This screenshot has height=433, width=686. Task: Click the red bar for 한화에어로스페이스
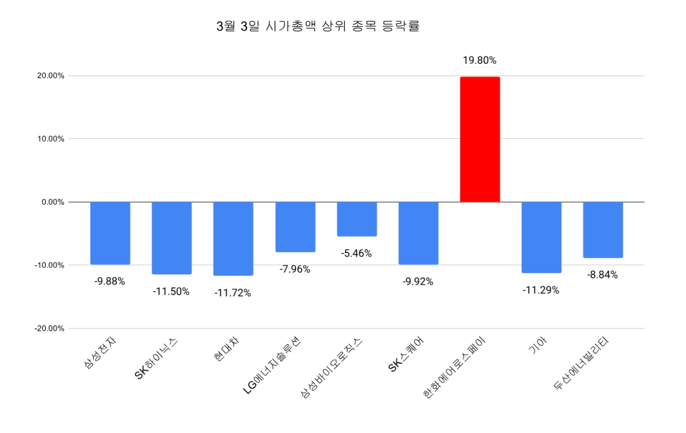tap(480, 139)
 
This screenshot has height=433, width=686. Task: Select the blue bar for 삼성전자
tap(110, 233)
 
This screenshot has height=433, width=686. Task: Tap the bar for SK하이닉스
tap(171, 238)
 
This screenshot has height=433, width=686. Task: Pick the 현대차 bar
tap(233, 238)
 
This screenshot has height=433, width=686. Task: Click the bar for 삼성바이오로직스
tap(356, 219)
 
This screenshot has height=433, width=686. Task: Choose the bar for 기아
tap(541, 237)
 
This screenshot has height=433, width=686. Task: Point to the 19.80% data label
tap(480, 61)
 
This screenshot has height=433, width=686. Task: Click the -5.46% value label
tap(356, 253)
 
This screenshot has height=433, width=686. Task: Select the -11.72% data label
tap(233, 293)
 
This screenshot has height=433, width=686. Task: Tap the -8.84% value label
tap(602, 275)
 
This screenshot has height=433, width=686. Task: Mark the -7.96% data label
tap(295, 269)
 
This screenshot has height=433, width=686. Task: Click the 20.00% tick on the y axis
tap(50, 76)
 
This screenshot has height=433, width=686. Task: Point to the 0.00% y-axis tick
tap(53, 202)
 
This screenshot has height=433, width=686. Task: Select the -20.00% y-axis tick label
tap(49, 329)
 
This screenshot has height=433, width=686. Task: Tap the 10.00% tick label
tap(50, 139)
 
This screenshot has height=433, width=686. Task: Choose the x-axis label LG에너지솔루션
tap(274, 365)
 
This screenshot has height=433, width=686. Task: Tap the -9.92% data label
tap(418, 282)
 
